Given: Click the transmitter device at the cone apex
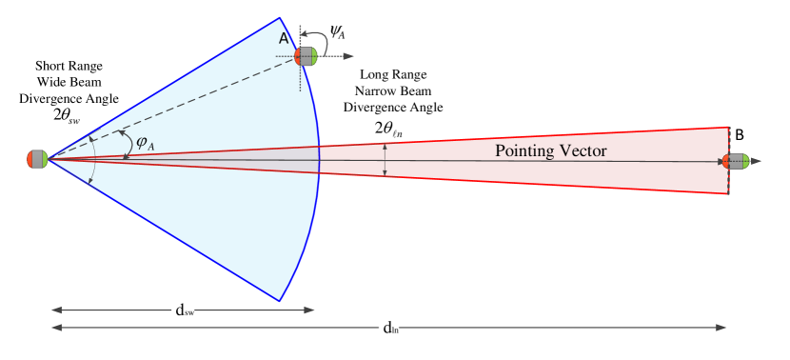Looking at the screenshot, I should click(37, 159).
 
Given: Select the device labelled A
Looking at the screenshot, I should click(306, 56).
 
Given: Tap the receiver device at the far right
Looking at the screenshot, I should click(739, 161).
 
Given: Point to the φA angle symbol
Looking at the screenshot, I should click(144, 143).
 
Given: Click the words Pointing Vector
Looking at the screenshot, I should click(551, 151).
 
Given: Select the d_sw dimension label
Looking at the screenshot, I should click(184, 310).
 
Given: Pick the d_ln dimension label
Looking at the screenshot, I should click(390, 328).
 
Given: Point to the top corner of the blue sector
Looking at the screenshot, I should click(279, 18).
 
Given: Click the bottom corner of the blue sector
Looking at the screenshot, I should click(279, 300).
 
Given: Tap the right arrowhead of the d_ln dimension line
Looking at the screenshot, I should click(724, 328).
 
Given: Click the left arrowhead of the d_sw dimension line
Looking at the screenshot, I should click(54, 310).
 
